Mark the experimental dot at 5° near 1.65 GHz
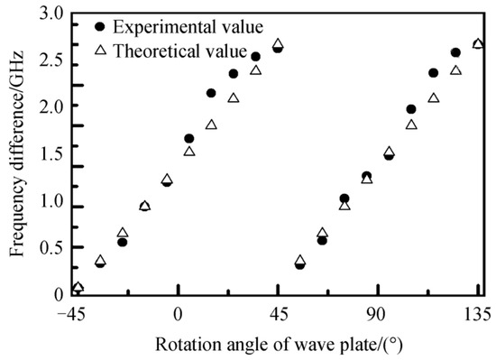(x=188, y=138)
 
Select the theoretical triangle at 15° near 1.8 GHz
(x=211, y=125)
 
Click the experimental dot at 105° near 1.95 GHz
(x=411, y=109)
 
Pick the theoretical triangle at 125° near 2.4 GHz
(x=455, y=70)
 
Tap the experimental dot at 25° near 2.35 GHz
(x=234, y=74)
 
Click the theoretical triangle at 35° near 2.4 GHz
(x=255, y=70)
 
